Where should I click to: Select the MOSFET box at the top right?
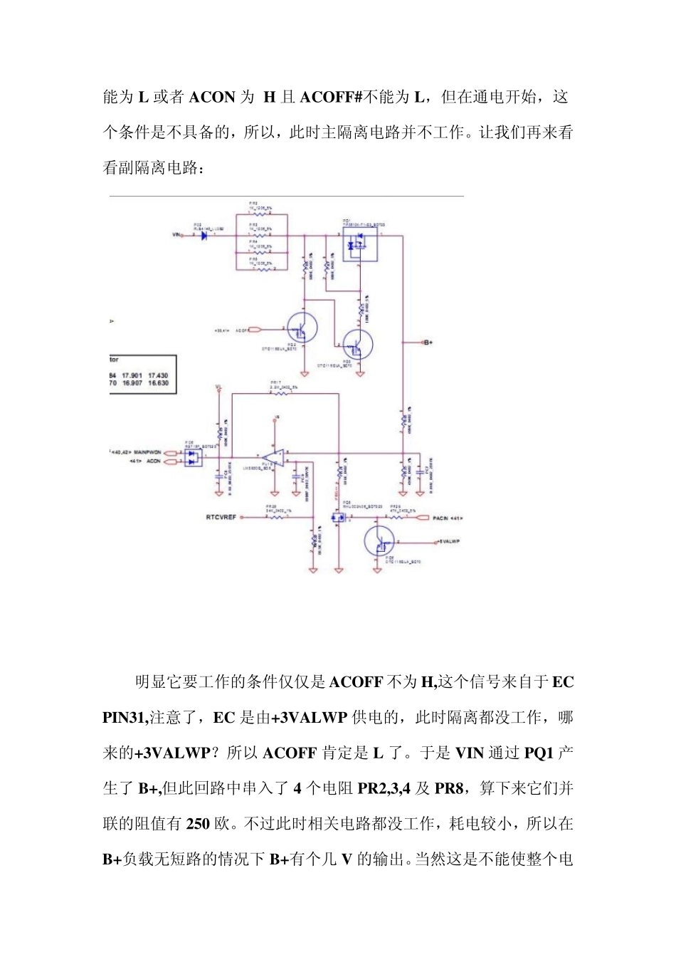click(359, 244)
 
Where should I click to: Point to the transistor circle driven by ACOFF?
click(302, 329)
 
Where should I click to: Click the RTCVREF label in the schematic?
click(221, 517)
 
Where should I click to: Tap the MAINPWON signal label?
click(147, 452)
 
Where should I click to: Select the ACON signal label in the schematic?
click(154, 461)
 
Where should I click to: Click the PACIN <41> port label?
click(448, 518)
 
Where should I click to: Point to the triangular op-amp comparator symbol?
click(273, 457)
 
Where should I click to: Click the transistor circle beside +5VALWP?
click(379, 541)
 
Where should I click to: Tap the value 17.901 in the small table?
click(132, 375)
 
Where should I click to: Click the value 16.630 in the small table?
click(159, 383)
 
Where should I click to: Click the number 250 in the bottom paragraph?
click(198, 824)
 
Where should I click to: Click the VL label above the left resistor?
click(218, 388)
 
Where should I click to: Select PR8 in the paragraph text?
click(450, 788)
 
